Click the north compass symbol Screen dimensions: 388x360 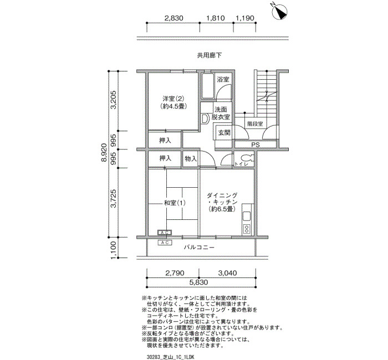(x=279, y=12)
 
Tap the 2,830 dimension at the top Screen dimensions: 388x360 (x=174, y=18)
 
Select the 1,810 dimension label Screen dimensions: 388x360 (x=216, y=18)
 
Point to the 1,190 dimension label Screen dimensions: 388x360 (x=245, y=18)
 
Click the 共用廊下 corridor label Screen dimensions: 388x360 (x=210, y=55)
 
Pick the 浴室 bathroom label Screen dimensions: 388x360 (x=223, y=79)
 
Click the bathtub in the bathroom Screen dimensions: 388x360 (x=208, y=86)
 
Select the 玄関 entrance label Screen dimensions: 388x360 (x=224, y=133)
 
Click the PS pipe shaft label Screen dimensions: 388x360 (x=256, y=145)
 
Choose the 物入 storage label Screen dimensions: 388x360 (x=191, y=158)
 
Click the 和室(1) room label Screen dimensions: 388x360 (x=175, y=203)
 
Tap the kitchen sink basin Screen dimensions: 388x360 (x=247, y=217)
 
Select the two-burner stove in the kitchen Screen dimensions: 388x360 (x=247, y=229)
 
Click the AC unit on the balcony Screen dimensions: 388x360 (x=165, y=243)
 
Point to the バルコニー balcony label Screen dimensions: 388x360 (x=199, y=247)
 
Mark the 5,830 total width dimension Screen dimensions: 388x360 (x=198, y=282)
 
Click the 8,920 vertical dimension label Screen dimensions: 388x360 (x=104, y=152)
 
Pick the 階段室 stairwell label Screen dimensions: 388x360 (x=255, y=124)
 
